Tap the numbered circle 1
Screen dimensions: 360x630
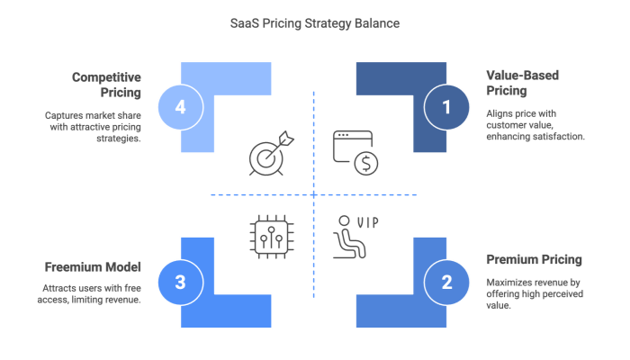447,107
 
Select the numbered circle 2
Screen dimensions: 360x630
447,283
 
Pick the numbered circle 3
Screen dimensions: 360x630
180,283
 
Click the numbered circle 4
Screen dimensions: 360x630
180,107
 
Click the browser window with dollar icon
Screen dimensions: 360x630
355,152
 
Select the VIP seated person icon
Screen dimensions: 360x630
354,235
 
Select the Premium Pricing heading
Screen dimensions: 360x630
535,260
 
